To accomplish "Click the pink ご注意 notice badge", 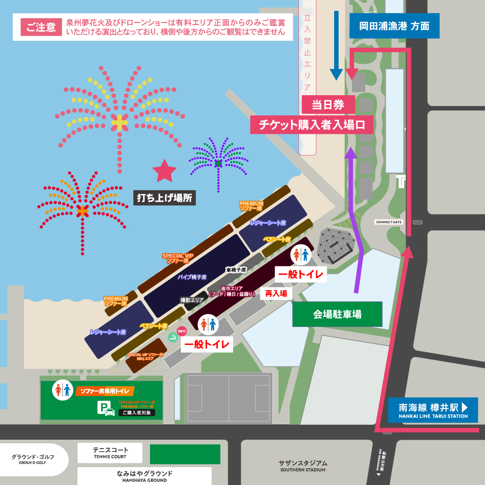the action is (41, 27).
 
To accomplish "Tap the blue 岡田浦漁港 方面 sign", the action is (394, 26).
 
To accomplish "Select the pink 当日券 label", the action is (328, 105).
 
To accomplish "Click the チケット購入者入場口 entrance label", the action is (312, 125).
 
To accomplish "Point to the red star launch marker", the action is (164, 171).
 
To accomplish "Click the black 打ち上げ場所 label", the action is (165, 198).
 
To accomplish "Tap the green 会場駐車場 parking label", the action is (337, 314).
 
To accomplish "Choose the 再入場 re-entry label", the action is (276, 294).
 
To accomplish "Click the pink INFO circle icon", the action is (182, 331).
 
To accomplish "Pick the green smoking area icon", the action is (173, 337).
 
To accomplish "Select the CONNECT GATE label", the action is (389, 222).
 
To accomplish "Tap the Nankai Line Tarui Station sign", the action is (433, 410).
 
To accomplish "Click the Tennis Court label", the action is (110, 453).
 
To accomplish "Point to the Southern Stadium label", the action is (303, 466).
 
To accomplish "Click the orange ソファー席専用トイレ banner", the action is (105, 391).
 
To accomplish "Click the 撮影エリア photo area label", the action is (192, 300).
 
